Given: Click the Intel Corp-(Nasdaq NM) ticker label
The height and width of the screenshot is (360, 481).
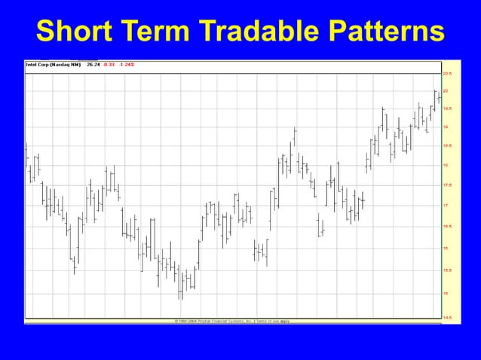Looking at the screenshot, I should (x=54, y=65).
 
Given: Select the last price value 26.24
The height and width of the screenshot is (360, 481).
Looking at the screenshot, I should (x=93, y=65).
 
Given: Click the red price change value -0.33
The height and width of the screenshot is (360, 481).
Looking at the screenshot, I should (x=109, y=65).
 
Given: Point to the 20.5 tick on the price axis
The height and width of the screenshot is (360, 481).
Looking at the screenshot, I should (x=446, y=74).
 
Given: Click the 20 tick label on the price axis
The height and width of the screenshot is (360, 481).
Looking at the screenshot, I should (x=445, y=90).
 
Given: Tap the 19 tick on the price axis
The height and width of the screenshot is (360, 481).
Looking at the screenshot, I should (x=445, y=127).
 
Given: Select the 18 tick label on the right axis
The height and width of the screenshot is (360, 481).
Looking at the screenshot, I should (x=445, y=165).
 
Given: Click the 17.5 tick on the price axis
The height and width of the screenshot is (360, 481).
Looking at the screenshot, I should (x=446, y=185).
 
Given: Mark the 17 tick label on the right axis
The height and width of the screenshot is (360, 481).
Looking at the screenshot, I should (x=445, y=205).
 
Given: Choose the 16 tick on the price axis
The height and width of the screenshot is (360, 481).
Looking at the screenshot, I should (x=445, y=248).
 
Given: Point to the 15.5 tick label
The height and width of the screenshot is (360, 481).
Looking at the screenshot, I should (x=446, y=270).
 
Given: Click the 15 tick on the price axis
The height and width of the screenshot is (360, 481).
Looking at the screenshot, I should (x=445, y=293).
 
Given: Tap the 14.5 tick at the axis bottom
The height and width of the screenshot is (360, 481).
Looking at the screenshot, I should (x=446, y=317).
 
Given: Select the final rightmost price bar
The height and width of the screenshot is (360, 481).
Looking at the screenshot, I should (x=439, y=97).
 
